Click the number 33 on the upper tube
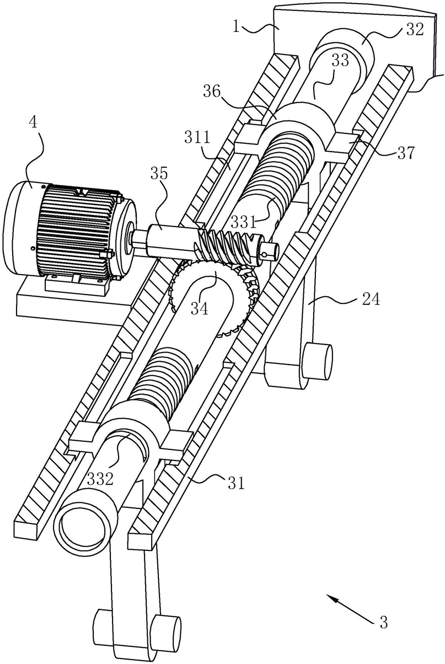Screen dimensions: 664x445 340,61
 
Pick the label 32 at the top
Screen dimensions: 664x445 414,30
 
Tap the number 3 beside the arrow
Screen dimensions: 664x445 383,623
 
